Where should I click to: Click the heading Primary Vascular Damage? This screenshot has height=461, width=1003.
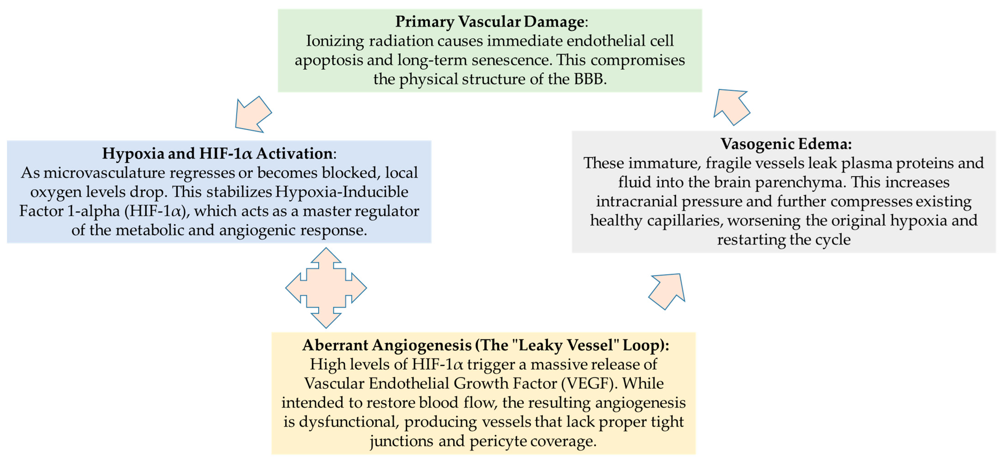click(490, 22)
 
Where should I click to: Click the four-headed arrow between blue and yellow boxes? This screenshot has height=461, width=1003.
click(326, 288)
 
